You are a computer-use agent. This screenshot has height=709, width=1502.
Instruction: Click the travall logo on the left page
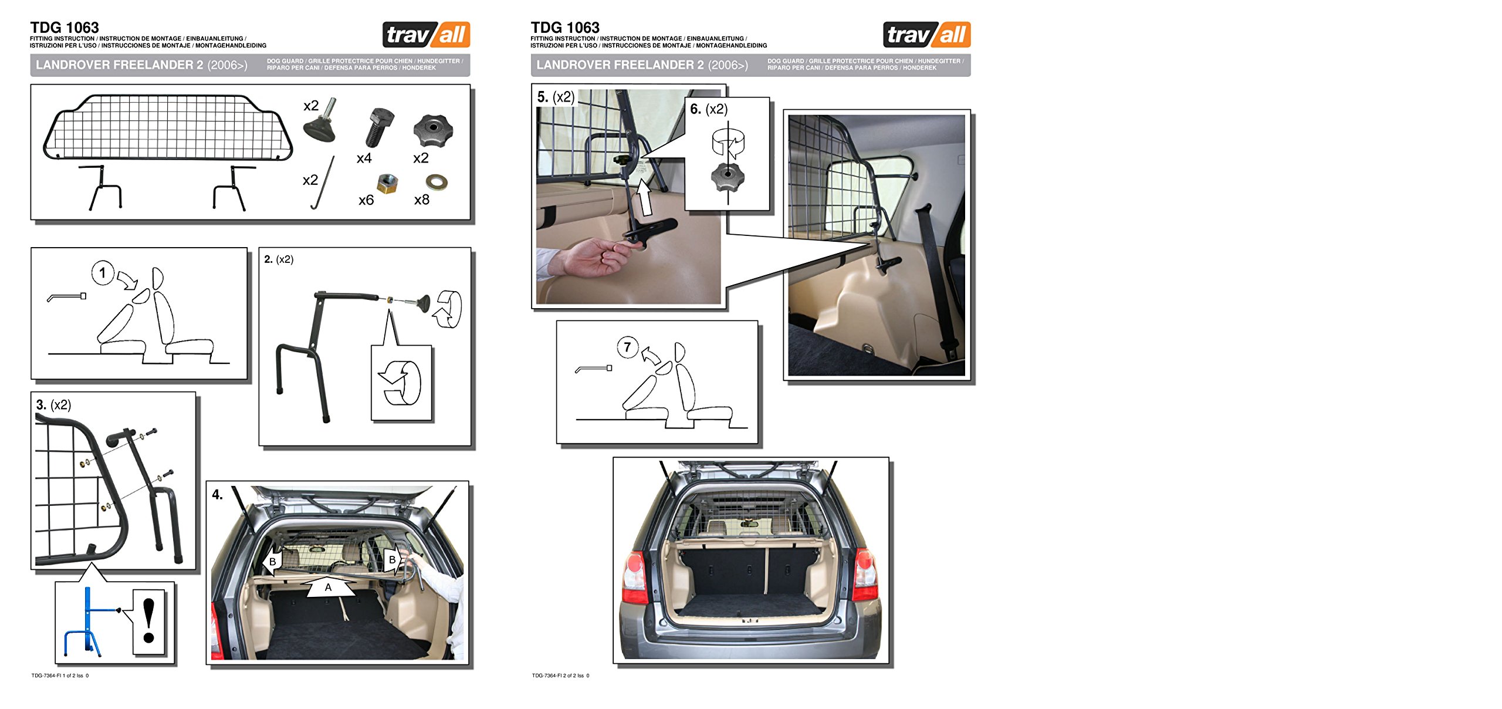tap(426, 35)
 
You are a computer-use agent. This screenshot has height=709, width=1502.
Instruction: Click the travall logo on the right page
tap(926, 35)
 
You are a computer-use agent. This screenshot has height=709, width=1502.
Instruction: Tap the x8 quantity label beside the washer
tap(421, 200)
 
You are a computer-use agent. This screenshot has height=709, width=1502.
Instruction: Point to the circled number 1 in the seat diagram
tap(103, 273)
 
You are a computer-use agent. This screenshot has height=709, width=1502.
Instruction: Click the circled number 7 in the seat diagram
tap(627, 347)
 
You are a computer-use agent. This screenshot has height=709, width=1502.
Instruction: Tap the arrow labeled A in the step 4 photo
tap(329, 587)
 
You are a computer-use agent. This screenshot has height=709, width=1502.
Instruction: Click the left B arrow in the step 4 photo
tap(273, 561)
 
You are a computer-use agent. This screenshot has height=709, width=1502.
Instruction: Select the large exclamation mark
tap(149, 620)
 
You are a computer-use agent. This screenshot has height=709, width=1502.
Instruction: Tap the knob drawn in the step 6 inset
tap(728, 177)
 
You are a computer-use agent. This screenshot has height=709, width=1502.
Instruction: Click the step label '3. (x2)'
tap(53, 405)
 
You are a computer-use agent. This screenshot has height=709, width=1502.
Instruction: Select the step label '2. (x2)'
tap(279, 259)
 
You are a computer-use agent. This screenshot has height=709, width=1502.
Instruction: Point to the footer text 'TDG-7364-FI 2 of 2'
tap(560, 676)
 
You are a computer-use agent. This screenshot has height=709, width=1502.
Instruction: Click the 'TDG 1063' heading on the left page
tap(65, 28)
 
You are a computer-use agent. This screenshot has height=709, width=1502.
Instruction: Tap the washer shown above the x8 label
tap(437, 181)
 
